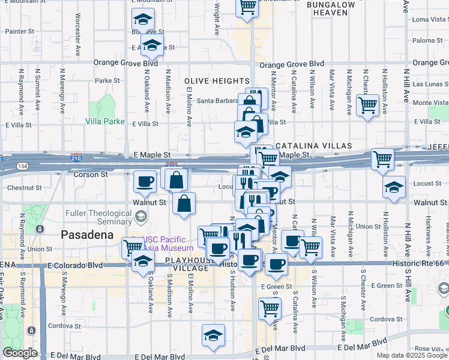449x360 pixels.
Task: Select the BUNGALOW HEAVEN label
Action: (331, 8)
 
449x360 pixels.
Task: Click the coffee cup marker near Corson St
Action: (144, 181)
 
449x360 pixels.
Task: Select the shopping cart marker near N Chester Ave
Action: (367, 106)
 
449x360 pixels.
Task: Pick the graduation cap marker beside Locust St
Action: (394, 188)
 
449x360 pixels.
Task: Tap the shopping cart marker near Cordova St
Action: (270, 308)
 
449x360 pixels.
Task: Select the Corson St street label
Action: (90, 175)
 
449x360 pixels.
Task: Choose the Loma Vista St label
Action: (428, 19)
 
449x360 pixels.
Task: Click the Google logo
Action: (20, 353)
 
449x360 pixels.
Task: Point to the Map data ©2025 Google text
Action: (412, 355)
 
